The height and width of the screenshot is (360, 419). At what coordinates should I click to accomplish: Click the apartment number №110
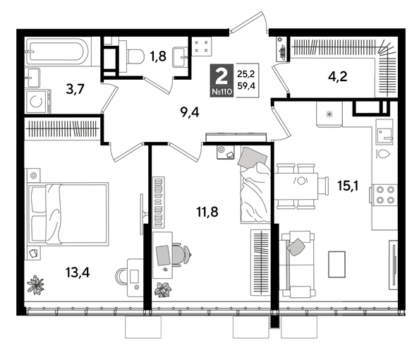pyautogui.click(x=221, y=92)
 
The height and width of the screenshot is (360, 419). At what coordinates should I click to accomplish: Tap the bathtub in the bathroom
pyautogui.click(x=56, y=52)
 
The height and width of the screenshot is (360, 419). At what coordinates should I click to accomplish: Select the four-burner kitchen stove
pyautogui.click(x=385, y=194)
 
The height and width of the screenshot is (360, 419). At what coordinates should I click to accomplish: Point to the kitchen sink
pyautogui.click(x=384, y=133)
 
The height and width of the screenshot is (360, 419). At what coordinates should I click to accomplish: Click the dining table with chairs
pyautogui.click(x=302, y=186)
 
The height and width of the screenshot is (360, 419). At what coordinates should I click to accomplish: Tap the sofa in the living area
pyautogui.click(x=296, y=263)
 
